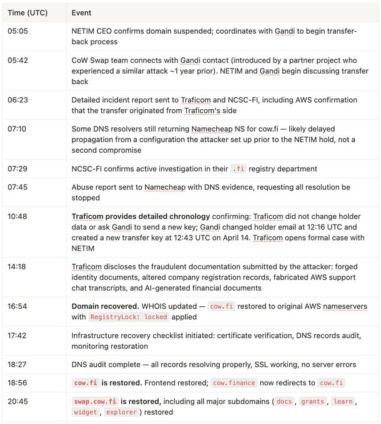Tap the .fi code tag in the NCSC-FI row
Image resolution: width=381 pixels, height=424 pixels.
[238, 169]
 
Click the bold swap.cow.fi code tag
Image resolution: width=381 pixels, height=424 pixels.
[95, 401]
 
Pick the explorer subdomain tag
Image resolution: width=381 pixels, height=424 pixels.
[121, 412]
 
